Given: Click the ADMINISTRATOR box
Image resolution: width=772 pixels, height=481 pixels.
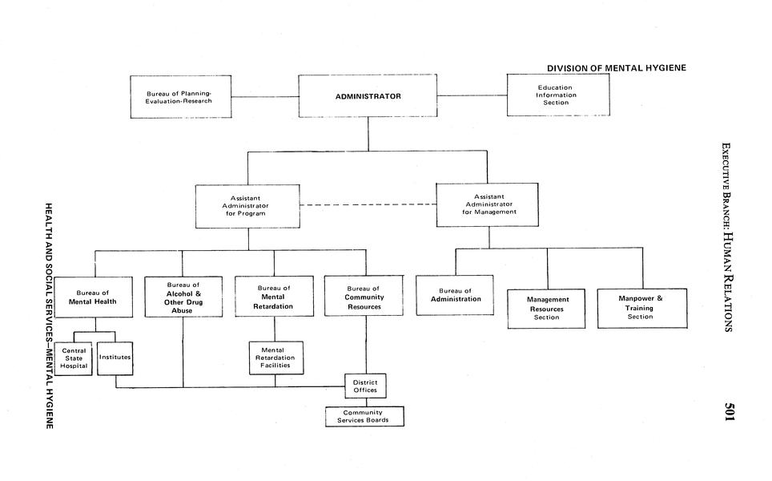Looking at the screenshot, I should coord(368,96).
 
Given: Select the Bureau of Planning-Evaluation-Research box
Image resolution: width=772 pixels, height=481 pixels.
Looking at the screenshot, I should coord(180,97).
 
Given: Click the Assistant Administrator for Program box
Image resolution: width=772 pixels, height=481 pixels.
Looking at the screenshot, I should coord(248,206).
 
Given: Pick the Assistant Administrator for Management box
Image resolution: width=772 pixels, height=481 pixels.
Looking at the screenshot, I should coord(487,204).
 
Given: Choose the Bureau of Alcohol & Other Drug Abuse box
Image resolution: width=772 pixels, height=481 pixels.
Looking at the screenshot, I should coord(182,297).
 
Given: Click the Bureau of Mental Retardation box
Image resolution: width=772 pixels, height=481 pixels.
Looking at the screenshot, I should coord(274,297).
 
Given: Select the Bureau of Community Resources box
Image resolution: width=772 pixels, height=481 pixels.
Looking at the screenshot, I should coord(364,296).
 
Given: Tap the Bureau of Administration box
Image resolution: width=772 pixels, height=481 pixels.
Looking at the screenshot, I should coord(456,296).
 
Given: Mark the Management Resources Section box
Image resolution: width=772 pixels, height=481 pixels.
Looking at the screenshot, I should coord(547,308).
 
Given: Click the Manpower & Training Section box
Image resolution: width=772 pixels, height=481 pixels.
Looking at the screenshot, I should coord(641,308).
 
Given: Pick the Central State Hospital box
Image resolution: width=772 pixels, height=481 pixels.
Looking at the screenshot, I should coord(74,358).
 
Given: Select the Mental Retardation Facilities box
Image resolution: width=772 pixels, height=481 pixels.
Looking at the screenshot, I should coord(273,358).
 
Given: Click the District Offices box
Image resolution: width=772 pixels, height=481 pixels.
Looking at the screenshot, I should coord(365,386).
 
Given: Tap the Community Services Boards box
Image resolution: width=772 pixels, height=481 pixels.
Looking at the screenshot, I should coord(364,416).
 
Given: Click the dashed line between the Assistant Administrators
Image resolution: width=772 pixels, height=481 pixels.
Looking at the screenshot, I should coord(368,205).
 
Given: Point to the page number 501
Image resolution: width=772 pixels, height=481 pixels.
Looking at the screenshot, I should coord(730,413).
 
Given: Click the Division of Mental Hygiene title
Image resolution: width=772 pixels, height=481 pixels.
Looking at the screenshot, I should coord(616,67).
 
